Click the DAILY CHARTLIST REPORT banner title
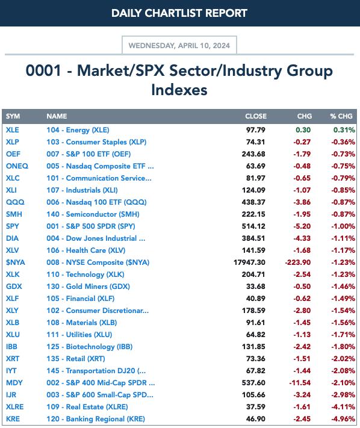pos(179,13)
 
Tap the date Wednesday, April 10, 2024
pos(179,45)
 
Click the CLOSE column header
pos(256,116)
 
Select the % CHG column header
pos(341,116)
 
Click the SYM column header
pos(13,116)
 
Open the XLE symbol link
pos(13,130)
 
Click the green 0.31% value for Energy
pos(344,130)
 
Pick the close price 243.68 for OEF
pos(253,154)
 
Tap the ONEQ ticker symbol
pos(17,166)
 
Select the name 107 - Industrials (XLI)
pos(82,190)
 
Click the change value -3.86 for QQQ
pos(302,202)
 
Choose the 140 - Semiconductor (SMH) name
pos(93,214)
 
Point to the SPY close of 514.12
pos(253,226)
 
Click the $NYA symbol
pos(16,262)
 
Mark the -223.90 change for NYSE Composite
pos(298,262)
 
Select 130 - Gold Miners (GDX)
pos(88,287)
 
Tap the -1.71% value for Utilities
pos(343,334)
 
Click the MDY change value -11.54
pos(300,383)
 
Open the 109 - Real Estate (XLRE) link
pos(87,407)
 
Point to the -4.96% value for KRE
pos(343,419)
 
